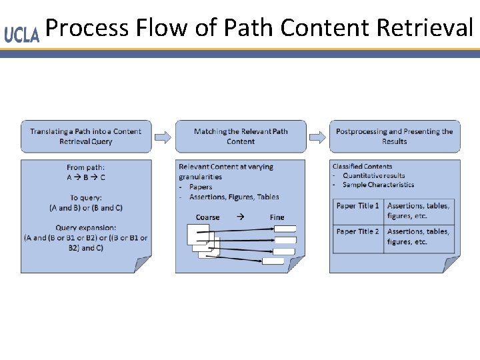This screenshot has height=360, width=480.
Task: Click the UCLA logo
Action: coord(21,35)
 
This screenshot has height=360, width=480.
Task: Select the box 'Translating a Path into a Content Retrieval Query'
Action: coord(86,137)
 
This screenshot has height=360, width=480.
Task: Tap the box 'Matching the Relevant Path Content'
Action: coord(241,137)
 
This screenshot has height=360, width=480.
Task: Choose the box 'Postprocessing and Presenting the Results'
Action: coord(394,137)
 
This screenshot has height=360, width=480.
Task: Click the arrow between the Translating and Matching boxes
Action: coord(163,137)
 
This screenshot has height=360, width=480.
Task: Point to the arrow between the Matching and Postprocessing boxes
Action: coord(317,137)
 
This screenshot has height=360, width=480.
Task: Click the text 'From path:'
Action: coord(85,167)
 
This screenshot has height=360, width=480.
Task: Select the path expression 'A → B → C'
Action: coord(85,177)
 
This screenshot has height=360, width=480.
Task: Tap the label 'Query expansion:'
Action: coord(85,228)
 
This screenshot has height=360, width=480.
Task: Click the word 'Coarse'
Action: coord(207,217)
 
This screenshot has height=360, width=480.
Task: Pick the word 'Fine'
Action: coord(277,217)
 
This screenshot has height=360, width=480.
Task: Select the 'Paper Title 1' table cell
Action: coord(358,206)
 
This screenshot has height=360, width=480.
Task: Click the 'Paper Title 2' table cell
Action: coord(358,231)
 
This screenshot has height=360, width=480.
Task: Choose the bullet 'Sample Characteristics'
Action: coord(378,185)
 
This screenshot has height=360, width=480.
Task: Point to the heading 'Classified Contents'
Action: coord(362,167)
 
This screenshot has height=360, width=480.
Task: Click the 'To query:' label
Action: coord(85,198)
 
